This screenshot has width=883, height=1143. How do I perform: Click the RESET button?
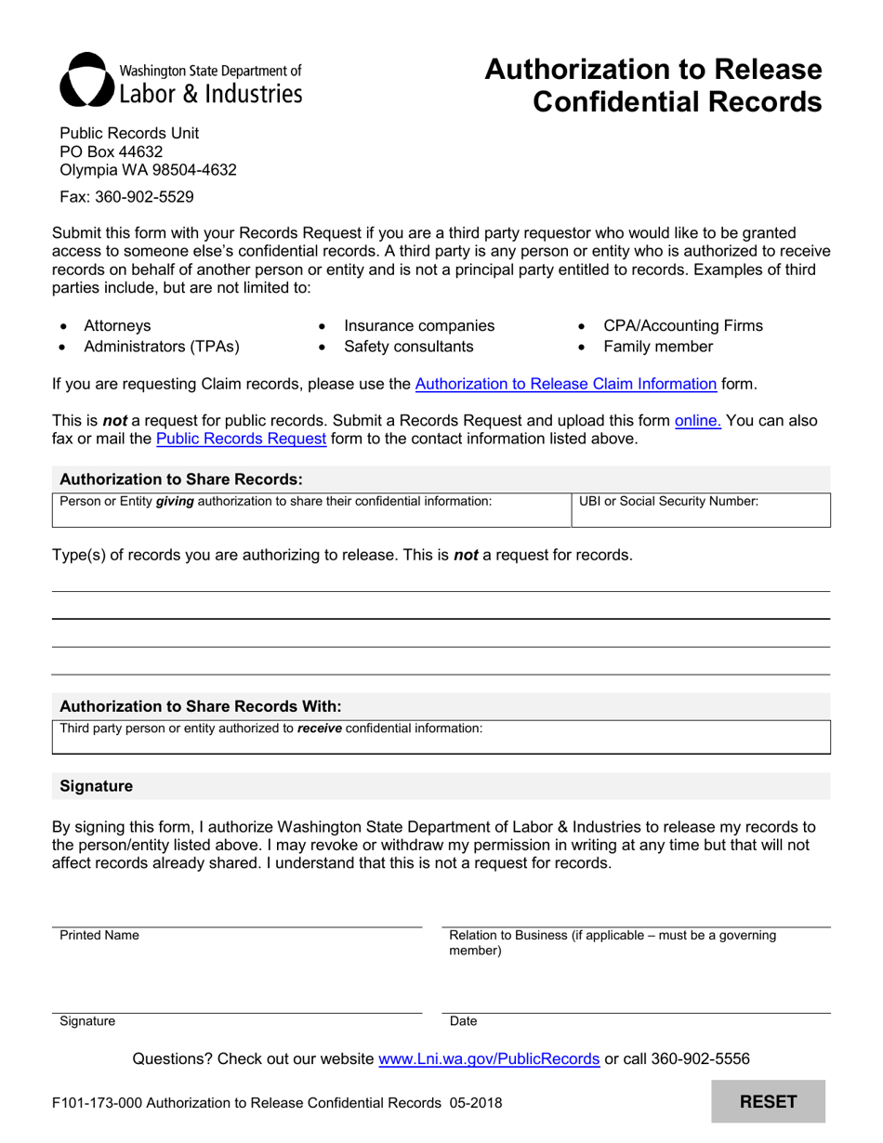click(x=768, y=1102)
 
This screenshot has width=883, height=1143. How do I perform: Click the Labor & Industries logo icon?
click(x=86, y=80)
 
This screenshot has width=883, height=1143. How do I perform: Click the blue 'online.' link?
click(x=697, y=420)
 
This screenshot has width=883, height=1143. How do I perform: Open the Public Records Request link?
click(x=241, y=439)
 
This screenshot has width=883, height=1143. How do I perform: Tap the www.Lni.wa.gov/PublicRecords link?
click(x=488, y=1058)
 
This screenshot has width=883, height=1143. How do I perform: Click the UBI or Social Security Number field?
click(x=700, y=509)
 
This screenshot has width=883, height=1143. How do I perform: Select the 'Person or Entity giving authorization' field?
click(x=310, y=509)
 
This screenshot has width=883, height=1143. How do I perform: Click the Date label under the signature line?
click(x=463, y=1021)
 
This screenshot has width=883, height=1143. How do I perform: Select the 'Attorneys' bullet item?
click(x=117, y=326)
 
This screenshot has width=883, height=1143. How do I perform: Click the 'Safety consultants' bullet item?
click(x=408, y=347)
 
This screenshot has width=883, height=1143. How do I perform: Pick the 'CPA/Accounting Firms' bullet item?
click(x=682, y=326)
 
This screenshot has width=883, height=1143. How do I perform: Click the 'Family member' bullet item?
click(x=658, y=347)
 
